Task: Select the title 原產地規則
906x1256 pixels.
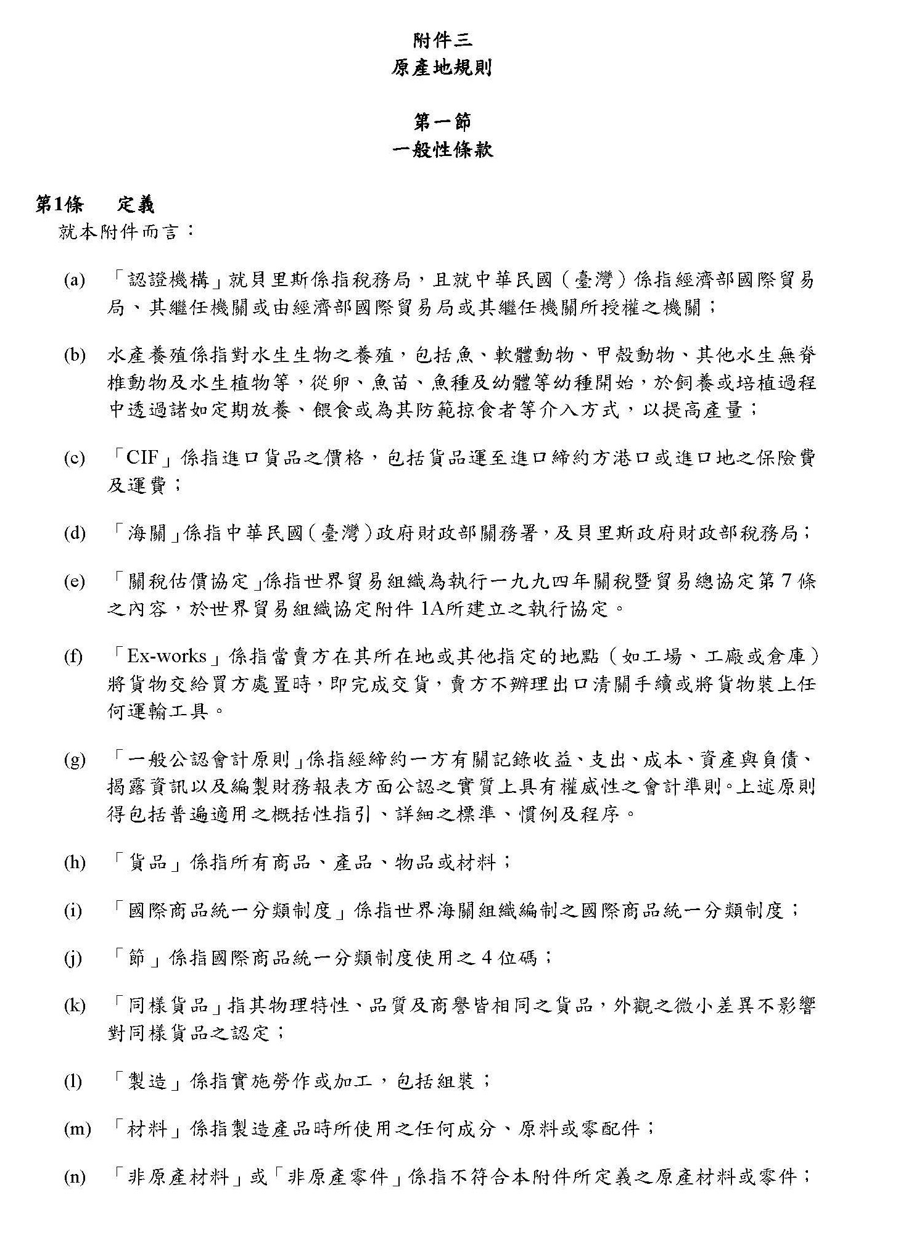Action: point(442,68)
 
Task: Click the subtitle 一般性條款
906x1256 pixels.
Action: point(442,150)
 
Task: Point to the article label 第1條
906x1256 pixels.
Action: point(60,205)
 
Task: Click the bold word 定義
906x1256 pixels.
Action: point(135,205)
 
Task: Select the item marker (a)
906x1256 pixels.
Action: point(74,281)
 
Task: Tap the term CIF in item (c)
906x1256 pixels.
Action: point(142,458)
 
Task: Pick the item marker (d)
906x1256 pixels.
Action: point(75,534)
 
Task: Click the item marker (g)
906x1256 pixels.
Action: point(75,760)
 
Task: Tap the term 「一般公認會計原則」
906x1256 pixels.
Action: point(207,759)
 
